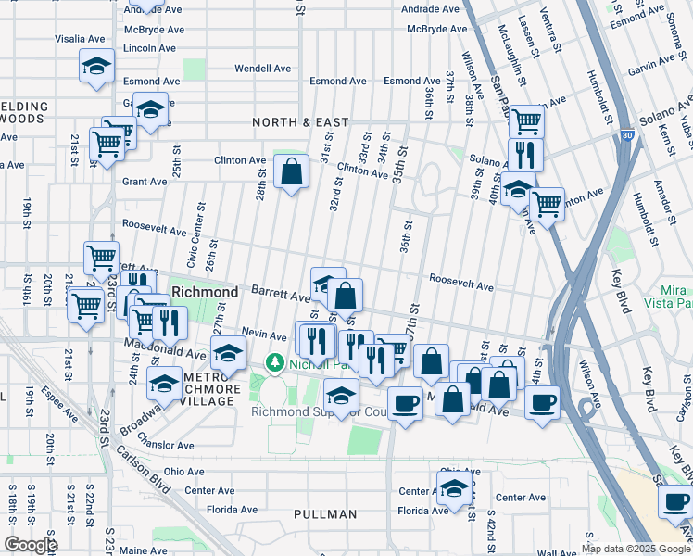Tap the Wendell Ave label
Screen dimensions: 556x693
tap(262, 69)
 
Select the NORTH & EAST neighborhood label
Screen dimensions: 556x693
tap(301, 122)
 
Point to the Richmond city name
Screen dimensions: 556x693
tap(205, 291)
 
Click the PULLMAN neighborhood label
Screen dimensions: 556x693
tap(324, 514)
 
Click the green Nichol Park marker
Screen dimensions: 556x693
tap(274, 362)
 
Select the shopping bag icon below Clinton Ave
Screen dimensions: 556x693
tap(292, 171)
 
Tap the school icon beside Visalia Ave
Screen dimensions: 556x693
tap(95, 66)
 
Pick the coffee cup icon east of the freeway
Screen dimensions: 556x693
tap(674, 502)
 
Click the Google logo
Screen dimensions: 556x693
tap(31, 545)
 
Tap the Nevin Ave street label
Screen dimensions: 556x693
tap(260, 332)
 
